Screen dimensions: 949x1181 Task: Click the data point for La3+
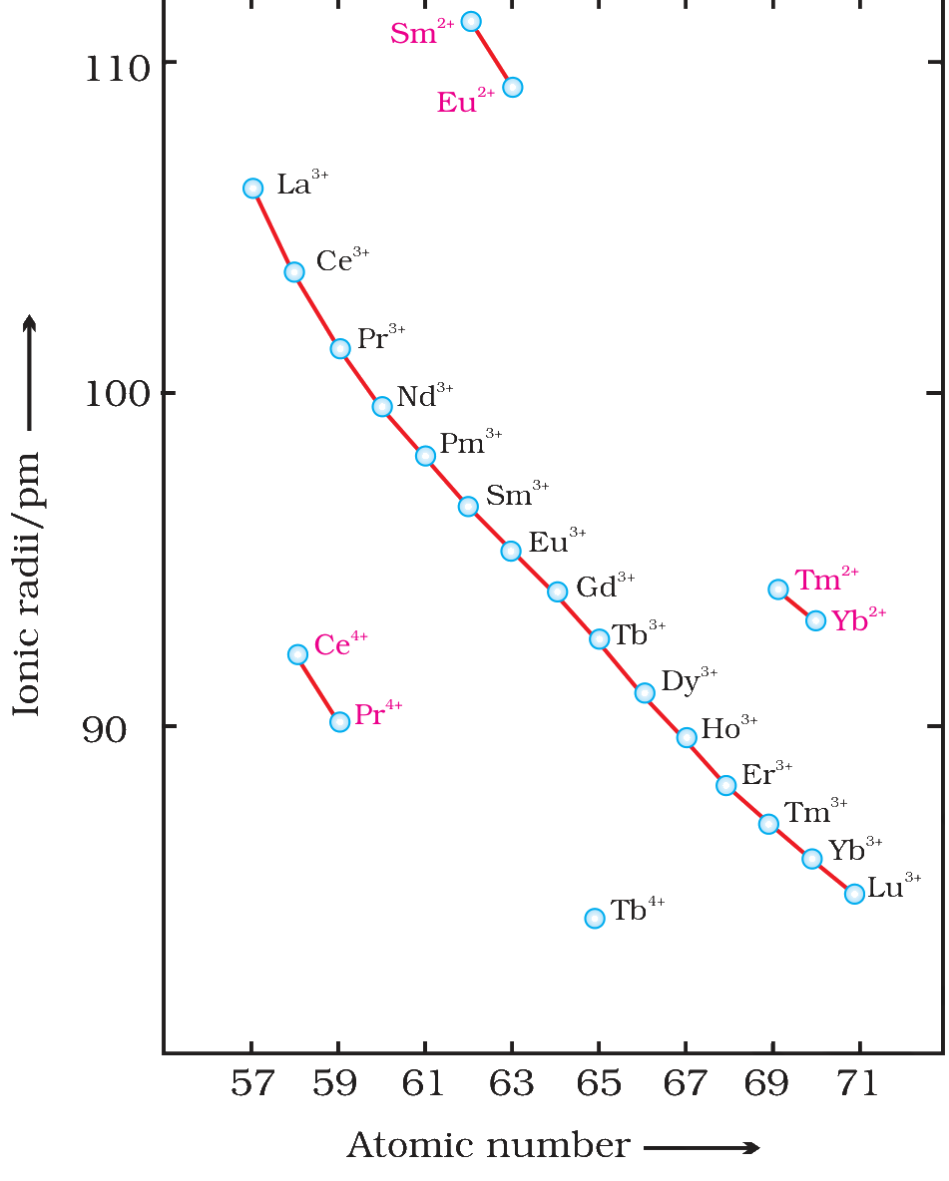click(253, 189)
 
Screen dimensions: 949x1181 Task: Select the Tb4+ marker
click(595, 918)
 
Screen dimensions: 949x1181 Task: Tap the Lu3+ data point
click(854, 894)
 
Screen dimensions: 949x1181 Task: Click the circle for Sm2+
click(471, 21)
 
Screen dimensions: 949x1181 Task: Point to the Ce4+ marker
click(297, 654)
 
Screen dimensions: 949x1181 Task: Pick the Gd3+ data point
click(557, 592)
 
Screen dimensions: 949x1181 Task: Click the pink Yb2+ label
click(859, 619)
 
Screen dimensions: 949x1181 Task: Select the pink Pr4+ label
click(378, 712)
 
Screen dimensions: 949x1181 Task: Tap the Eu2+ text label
click(466, 101)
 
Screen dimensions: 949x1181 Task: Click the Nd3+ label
click(425, 395)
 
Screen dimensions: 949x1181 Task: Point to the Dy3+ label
click(690, 681)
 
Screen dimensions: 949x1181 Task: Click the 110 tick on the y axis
click(117, 69)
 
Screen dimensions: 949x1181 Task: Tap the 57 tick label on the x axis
click(251, 1084)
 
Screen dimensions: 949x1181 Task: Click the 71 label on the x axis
click(858, 1084)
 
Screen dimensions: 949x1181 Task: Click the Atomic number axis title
click(488, 1146)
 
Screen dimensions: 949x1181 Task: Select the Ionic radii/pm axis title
click(27, 583)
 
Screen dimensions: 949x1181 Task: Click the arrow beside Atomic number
click(702, 1147)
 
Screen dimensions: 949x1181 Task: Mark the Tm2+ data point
click(778, 590)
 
